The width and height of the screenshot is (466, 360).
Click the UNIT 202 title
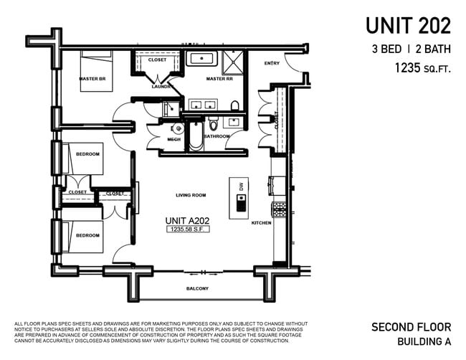(x=408, y=26)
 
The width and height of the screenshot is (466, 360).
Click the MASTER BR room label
(x=92, y=78)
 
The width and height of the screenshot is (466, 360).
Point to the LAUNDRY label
(x=161, y=86)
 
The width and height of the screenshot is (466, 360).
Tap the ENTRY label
(x=272, y=63)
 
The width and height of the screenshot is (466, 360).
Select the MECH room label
(x=173, y=139)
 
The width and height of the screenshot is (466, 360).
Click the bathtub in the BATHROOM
(x=196, y=136)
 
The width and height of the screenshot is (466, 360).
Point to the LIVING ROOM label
(x=191, y=195)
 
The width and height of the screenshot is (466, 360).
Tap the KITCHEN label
(x=261, y=223)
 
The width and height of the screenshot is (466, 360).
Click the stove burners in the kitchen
(x=279, y=209)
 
